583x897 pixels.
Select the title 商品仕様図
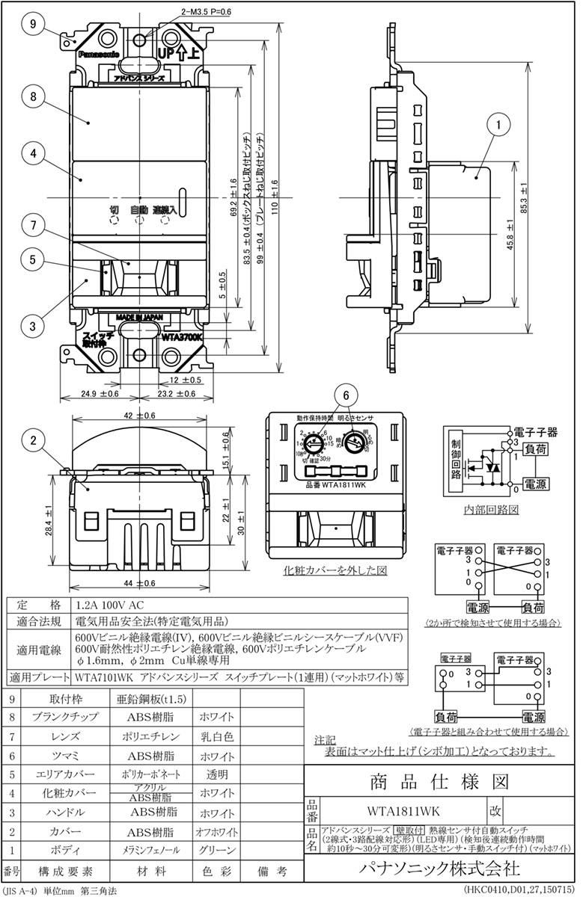click(x=439, y=781)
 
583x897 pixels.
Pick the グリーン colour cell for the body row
click(x=218, y=850)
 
